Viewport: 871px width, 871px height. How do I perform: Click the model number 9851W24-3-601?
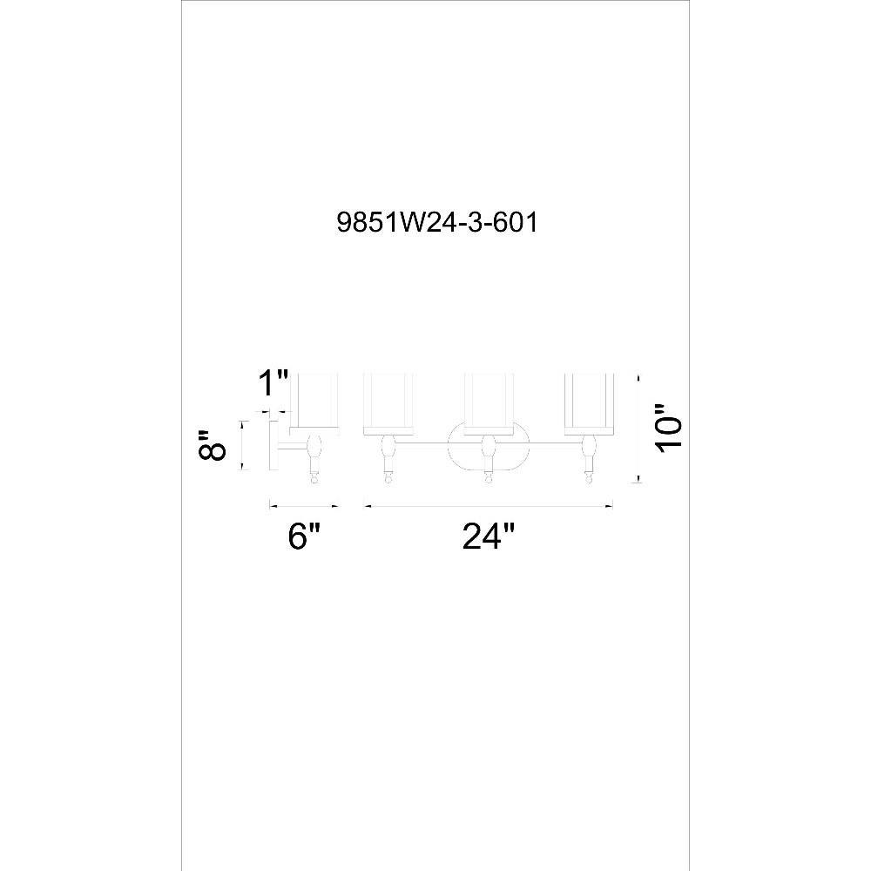(437, 223)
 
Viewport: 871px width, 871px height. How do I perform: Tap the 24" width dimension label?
(489, 537)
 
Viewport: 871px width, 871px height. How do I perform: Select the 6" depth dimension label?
(304, 537)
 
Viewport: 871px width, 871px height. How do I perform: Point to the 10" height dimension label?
(669, 429)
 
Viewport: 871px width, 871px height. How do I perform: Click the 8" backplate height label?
(213, 445)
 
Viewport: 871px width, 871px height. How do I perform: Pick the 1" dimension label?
(273, 383)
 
